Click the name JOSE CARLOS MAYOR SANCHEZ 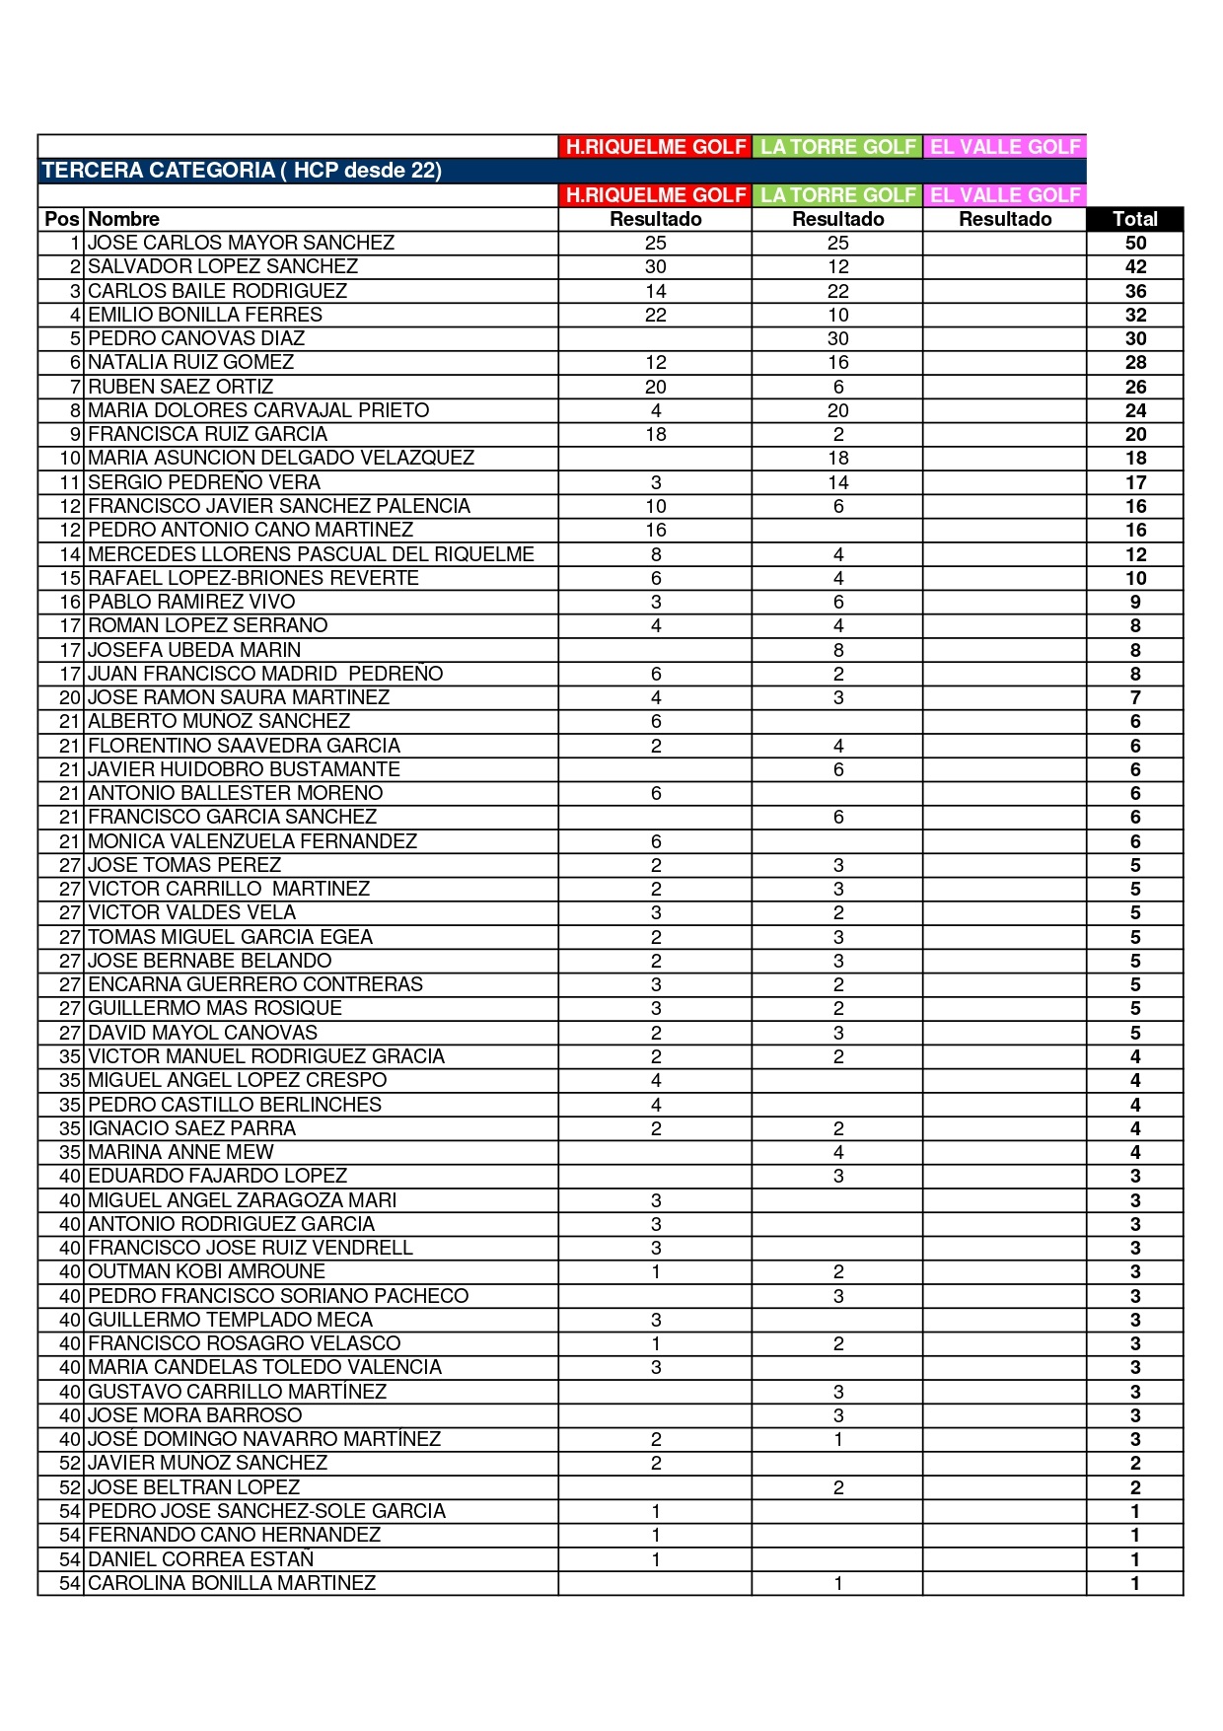(241, 243)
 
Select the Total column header (1134, 219)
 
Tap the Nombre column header (123, 219)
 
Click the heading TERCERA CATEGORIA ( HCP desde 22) (242, 171)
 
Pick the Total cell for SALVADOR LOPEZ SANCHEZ (1135, 266)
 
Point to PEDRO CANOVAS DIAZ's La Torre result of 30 (837, 338)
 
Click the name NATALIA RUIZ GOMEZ (190, 362)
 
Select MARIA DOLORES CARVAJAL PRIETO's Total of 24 (1135, 410)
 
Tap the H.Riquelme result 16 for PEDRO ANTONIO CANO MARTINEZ (656, 530)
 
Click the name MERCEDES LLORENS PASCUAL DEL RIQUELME (311, 554)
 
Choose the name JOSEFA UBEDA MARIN (194, 650)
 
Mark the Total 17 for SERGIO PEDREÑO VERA (1135, 482)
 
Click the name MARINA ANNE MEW (180, 1152)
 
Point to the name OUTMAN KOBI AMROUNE (206, 1271)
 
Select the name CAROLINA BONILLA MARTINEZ (232, 1583)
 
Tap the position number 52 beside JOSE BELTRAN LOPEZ (70, 1487)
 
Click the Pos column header (61, 219)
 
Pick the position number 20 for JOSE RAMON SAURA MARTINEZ (70, 697)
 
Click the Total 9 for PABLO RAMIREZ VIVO (1135, 602)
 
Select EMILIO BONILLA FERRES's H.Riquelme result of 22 (656, 315)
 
